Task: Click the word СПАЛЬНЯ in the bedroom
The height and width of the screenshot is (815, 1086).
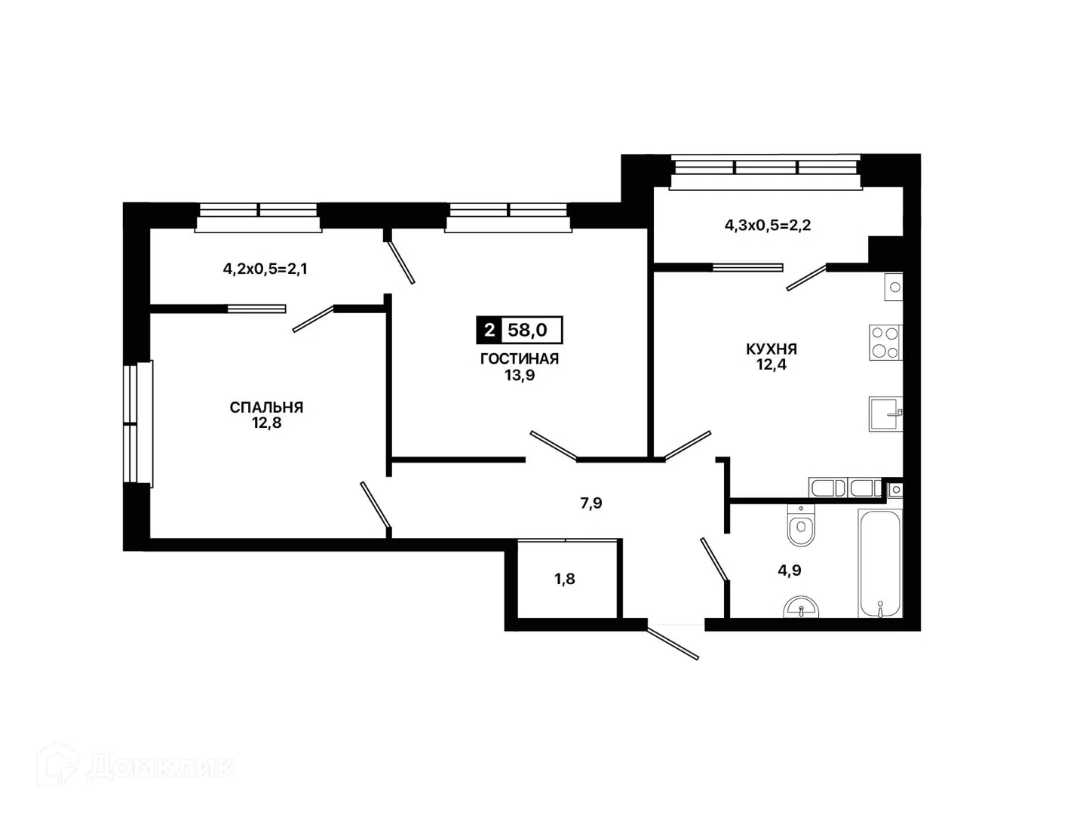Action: pyautogui.click(x=266, y=407)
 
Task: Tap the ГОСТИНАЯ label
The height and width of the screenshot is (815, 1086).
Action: pyautogui.click(x=520, y=358)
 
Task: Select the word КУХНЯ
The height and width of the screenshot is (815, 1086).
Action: pyautogui.click(x=772, y=349)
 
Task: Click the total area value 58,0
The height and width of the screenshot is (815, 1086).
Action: pyautogui.click(x=527, y=330)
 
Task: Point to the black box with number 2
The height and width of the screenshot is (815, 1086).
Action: pyautogui.click(x=489, y=330)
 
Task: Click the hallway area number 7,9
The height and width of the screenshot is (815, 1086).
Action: pyautogui.click(x=591, y=503)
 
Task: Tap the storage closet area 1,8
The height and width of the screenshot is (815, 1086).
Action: pyautogui.click(x=565, y=579)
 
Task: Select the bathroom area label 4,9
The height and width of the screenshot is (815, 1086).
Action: pyautogui.click(x=790, y=570)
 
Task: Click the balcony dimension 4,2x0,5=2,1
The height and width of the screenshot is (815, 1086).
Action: pyautogui.click(x=265, y=269)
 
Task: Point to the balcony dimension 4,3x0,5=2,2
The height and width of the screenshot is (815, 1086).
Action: pyautogui.click(x=768, y=225)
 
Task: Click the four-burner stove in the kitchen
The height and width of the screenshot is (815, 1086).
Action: pyautogui.click(x=885, y=342)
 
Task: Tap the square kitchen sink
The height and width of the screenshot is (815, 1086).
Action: pyautogui.click(x=885, y=414)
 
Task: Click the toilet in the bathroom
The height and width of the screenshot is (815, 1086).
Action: pyautogui.click(x=800, y=525)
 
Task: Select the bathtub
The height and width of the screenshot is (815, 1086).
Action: pyautogui.click(x=880, y=564)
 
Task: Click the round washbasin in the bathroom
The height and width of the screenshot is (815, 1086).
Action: pyautogui.click(x=800, y=607)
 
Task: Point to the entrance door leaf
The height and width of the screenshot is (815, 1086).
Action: pyautogui.click(x=673, y=644)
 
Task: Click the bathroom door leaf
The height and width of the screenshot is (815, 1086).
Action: pyautogui.click(x=714, y=558)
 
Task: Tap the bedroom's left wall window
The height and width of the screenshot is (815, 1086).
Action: pyautogui.click(x=138, y=424)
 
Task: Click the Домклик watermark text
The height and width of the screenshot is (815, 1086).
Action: pyautogui.click(x=160, y=767)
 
